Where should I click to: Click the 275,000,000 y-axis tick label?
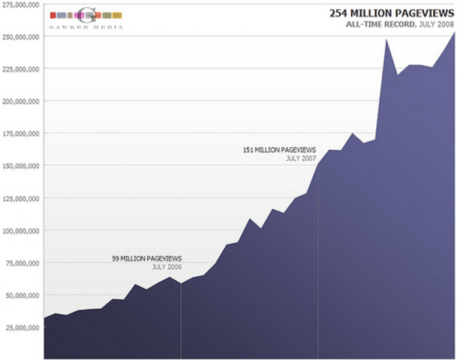pyautogui.click(x=21, y=4)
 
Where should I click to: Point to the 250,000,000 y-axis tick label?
pyautogui.click(x=21, y=36)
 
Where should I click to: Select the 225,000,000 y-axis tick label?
pyautogui.click(x=21, y=68)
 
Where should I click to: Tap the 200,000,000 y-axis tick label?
pyautogui.click(x=21, y=100)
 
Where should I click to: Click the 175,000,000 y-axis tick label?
pyautogui.click(x=21, y=133)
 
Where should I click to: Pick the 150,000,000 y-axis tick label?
pyautogui.click(x=21, y=166)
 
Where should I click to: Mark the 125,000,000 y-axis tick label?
pyautogui.click(x=21, y=198)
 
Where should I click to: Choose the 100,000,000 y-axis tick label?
pyautogui.click(x=21, y=230)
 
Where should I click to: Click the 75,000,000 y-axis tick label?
pyautogui.click(x=23, y=262)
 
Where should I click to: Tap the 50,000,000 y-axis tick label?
pyautogui.click(x=23, y=295)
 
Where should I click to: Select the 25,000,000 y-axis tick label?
pyautogui.click(x=23, y=328)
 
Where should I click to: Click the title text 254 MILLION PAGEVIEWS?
pyautogui.click(x=392, y=13)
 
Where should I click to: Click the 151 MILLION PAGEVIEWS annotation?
pyautogui.click(x=279, y=150)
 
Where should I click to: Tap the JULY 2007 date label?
pyautogui.click(x=301, y=159)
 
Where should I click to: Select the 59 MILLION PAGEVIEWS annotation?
pyautogui.click(x=146, y=258)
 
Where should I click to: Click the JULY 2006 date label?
pyautogui.click(x=167, y=267)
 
